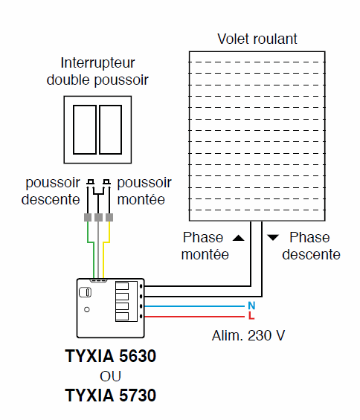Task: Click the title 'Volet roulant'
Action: coord(257,39)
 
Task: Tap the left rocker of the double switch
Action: coord(87,128)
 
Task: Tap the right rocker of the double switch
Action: coord(110,128)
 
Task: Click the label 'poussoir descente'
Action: coord(51,191)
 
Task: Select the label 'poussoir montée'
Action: coord(144,191)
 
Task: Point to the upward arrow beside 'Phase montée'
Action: coord(238,238)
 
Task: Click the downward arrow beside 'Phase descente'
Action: coord(273,238)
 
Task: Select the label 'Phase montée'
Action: coord(203,246)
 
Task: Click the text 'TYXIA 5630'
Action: coord(110,356)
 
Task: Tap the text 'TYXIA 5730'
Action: coord(110,395)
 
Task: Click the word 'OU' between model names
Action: coord(110,375)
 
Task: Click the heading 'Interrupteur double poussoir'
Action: coord(99,71)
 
